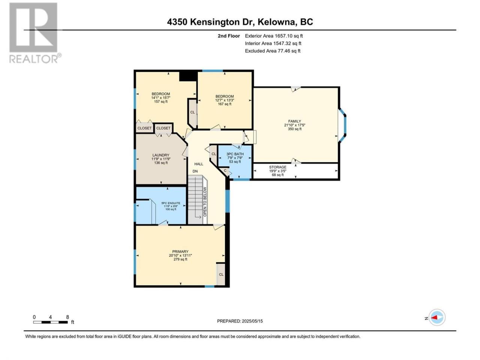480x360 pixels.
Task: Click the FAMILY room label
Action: click(x=294, y=121)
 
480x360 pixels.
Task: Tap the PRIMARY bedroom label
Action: click(x=180, y=252)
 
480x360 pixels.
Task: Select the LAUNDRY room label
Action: click(x=161, y=155)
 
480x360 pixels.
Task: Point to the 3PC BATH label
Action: click(x=235, y=154)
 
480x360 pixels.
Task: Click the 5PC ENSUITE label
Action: click(x=171, y=203)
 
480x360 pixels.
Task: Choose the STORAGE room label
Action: click(x=277, y=167)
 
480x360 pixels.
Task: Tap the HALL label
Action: click(x=198, y=164)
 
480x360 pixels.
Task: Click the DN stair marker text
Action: click(x=195, y=171)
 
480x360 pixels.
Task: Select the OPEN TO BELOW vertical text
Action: click(x=205, y=202)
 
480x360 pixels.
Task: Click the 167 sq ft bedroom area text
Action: click(x=225, y=104)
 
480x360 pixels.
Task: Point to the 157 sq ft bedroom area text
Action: click(x=161, y=102)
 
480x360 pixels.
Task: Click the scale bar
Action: click(x=50, y=322)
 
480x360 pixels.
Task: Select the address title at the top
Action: click(x=240, y=22)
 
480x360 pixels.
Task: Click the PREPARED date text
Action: click(x=240, y=321)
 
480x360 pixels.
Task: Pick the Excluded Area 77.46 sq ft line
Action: click(x=273, y=51)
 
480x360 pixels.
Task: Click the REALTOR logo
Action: click(x=35, y=33)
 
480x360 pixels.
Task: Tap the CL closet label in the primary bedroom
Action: click(x=221, y=274)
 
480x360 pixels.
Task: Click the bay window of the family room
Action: click(x=343, y=126)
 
